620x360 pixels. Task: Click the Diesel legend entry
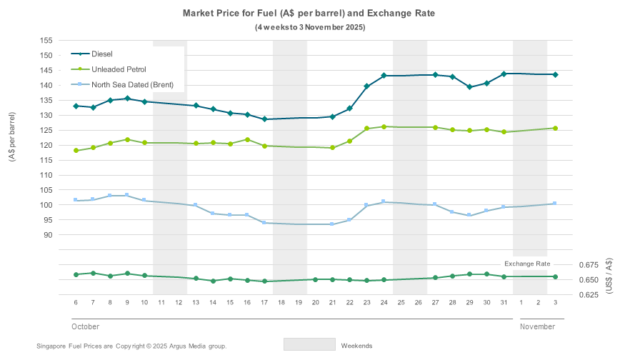[101, 54]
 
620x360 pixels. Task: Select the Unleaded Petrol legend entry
[119, 69]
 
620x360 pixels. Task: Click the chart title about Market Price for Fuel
[309, 13]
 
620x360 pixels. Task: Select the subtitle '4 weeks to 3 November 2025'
[310, 27]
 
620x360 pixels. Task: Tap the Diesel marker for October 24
[384, 76]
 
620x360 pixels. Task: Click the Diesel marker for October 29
[470, 87]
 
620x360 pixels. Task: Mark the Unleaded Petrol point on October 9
[127, 139]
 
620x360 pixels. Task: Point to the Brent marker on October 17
[264, 223]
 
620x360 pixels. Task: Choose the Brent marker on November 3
[555, 204]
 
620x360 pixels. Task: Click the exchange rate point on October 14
[213, 281]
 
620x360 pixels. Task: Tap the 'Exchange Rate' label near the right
[527, 264]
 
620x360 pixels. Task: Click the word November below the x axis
[537, 326]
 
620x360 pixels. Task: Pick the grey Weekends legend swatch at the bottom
[309, 344]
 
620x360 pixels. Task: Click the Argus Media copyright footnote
[131, 346]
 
